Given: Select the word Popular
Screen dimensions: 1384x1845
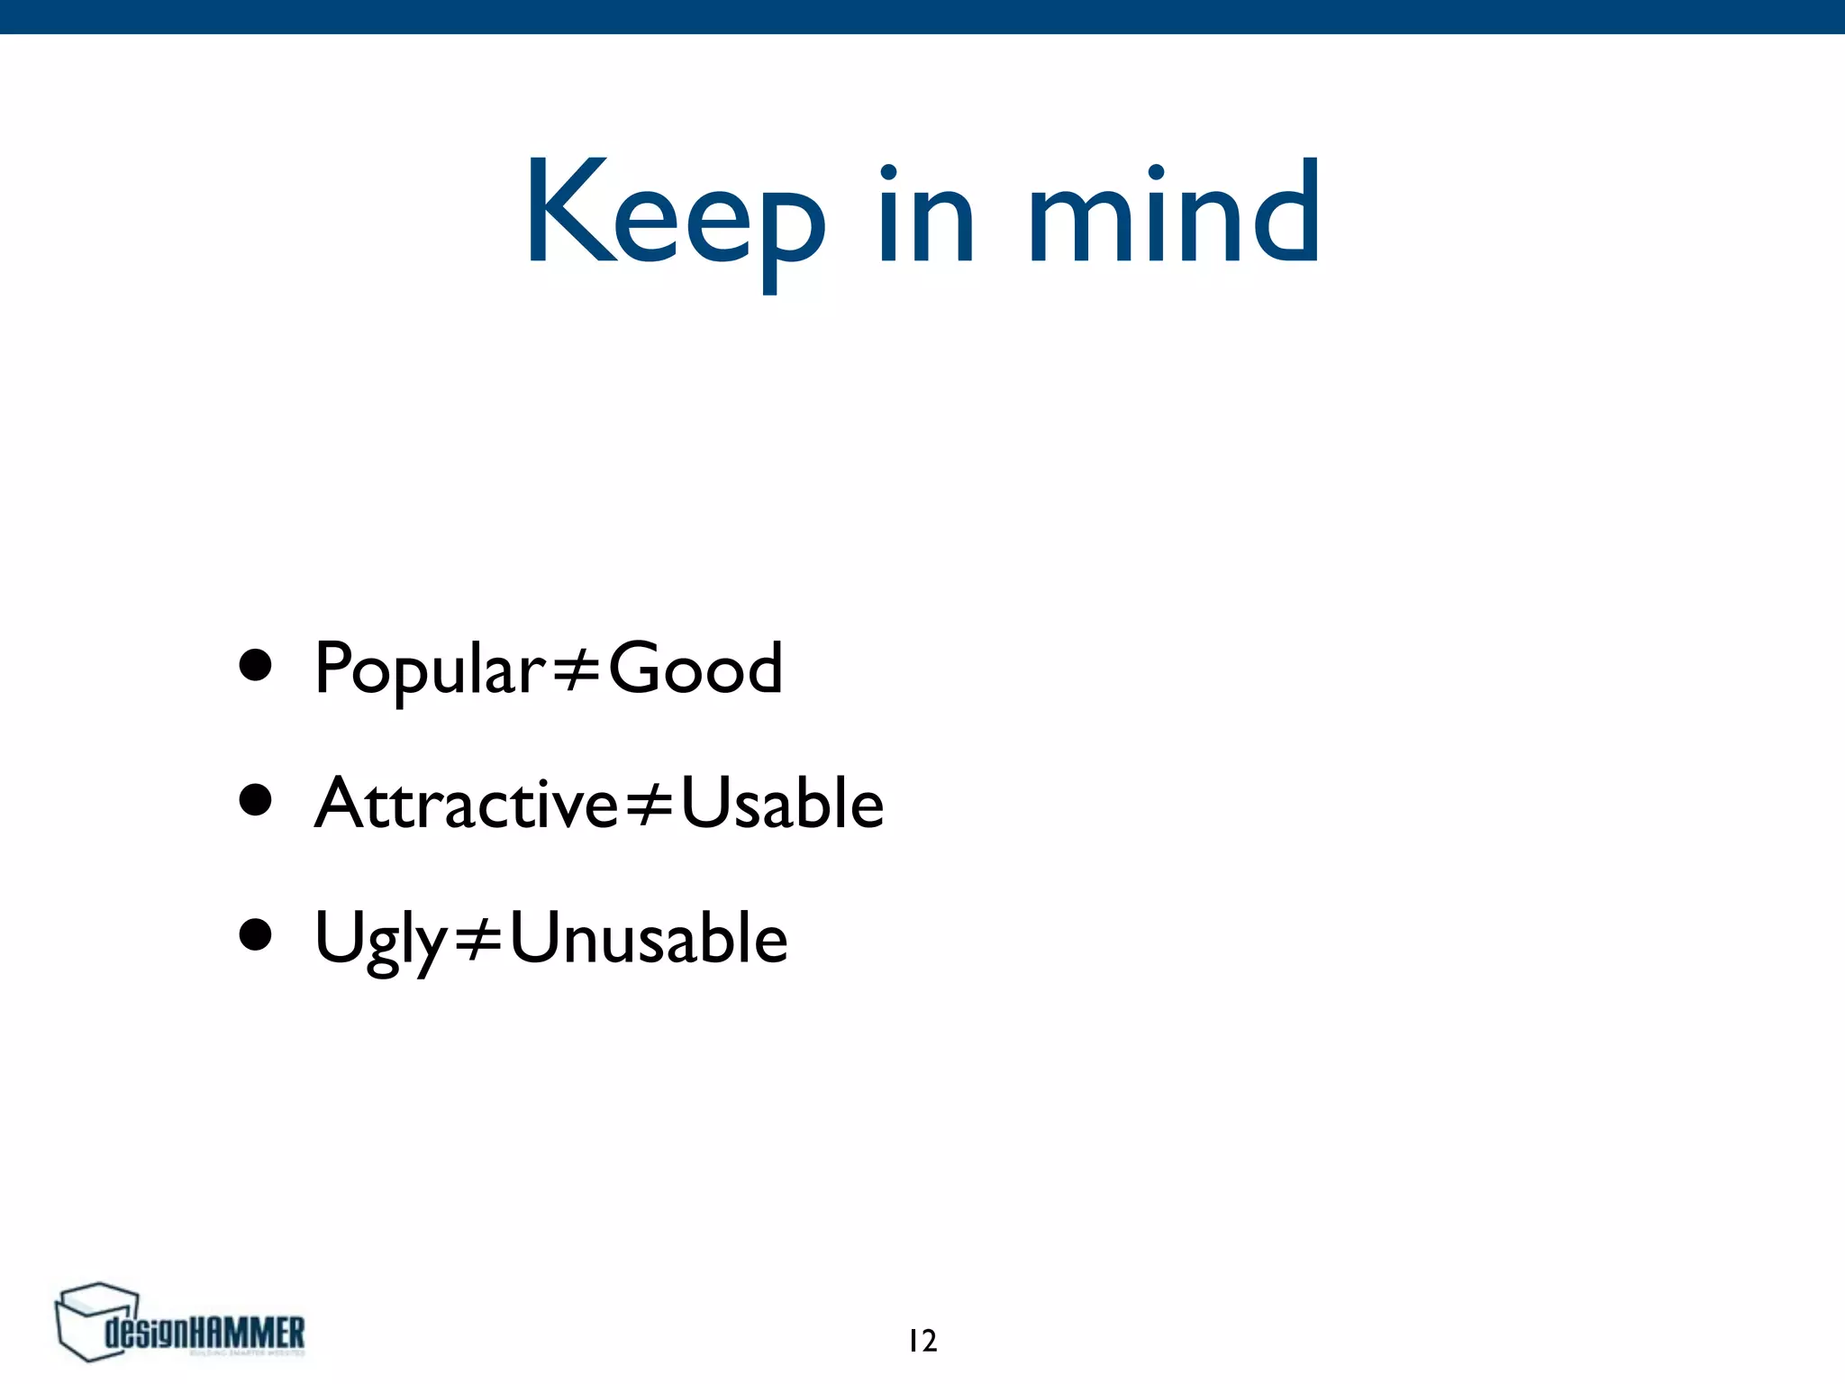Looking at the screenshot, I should (x=430, y=669).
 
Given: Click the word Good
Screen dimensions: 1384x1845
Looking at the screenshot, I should (x=695, y=669).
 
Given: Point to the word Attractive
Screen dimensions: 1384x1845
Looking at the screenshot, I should (x=466, y=803).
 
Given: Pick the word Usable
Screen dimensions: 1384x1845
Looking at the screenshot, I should (x=782, y=803).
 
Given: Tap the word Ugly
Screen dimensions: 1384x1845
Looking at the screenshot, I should (x=380, y=939).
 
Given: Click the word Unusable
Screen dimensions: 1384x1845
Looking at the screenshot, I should (x=649, y=938).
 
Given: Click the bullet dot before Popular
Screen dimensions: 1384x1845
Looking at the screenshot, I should (x=256, y=666).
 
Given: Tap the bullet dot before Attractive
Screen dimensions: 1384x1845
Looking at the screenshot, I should (x=256, y=800).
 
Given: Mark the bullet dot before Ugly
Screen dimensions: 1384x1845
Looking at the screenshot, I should (x=256, y=935).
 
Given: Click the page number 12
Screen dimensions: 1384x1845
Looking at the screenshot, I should (x=922, y=1341).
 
